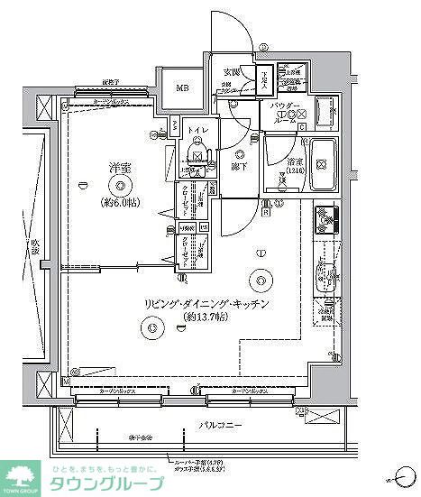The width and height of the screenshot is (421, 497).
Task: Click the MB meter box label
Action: coord(182,88)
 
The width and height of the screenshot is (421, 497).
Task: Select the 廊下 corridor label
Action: coord(240,166)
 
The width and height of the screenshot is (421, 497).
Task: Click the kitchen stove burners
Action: coord(325,219)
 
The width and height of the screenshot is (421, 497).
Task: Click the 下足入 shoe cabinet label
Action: coord(263,79)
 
